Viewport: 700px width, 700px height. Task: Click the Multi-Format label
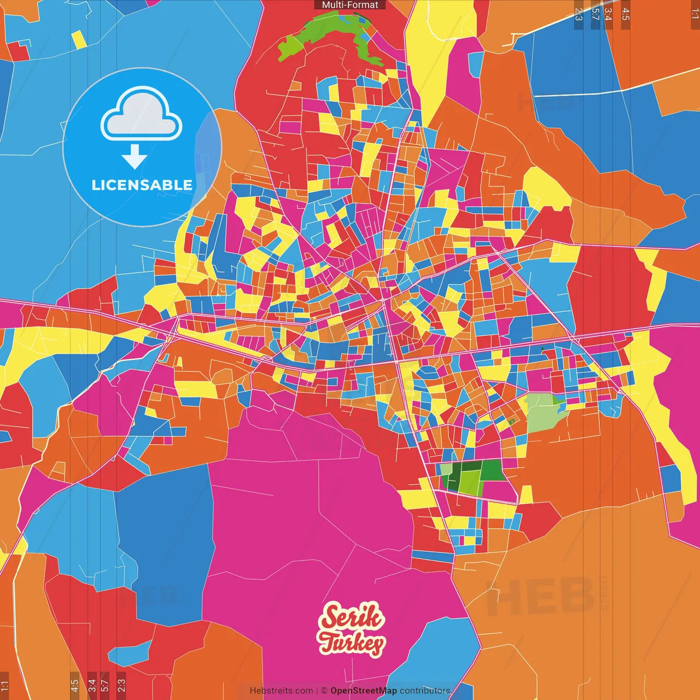pos(350,5)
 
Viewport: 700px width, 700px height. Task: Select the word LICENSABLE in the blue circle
pos(142,185)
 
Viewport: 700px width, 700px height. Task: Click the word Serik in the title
pos(352,617)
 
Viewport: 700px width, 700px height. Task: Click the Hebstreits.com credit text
pos(281,691)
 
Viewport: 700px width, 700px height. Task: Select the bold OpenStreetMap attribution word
pos(364,691)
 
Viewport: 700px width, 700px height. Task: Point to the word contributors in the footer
pos(425,691)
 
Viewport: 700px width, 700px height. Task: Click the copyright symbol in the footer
pos(324,691)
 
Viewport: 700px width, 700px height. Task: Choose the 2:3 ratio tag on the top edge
pos(578,14)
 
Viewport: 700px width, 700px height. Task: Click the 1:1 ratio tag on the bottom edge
pos(4,685)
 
